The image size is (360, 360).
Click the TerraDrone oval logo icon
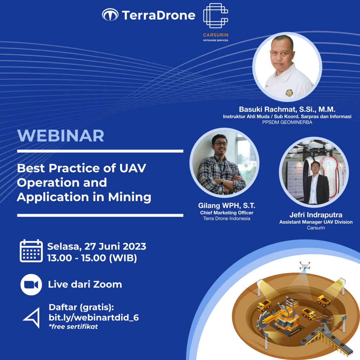coord(110,15)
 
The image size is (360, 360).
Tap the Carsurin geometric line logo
coord(216,15)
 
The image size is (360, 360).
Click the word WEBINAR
coord(60,136)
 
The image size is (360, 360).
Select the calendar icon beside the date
coord(31,251)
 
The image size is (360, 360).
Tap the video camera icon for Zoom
coord(31,285)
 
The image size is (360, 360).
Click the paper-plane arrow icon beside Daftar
coord(32,317)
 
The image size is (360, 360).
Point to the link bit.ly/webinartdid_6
coord(94,317)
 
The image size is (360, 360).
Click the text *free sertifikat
coord(73,327)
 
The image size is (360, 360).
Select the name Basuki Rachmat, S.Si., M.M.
coord(287,109)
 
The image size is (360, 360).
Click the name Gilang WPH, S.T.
coord(227,205)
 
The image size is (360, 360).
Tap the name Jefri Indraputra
coord(316,215)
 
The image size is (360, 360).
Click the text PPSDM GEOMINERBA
coord(287,122)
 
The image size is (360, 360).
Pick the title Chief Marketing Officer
coord(227,213)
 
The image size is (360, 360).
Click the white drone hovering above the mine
coord(305,265)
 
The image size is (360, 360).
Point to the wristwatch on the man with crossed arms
coord(222,181)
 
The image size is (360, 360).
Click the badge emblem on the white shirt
coord(289,93)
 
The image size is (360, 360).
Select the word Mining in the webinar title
coord(130,198)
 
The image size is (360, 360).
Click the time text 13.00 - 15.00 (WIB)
coord(92,258)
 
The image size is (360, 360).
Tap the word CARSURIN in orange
coord(216,35)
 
